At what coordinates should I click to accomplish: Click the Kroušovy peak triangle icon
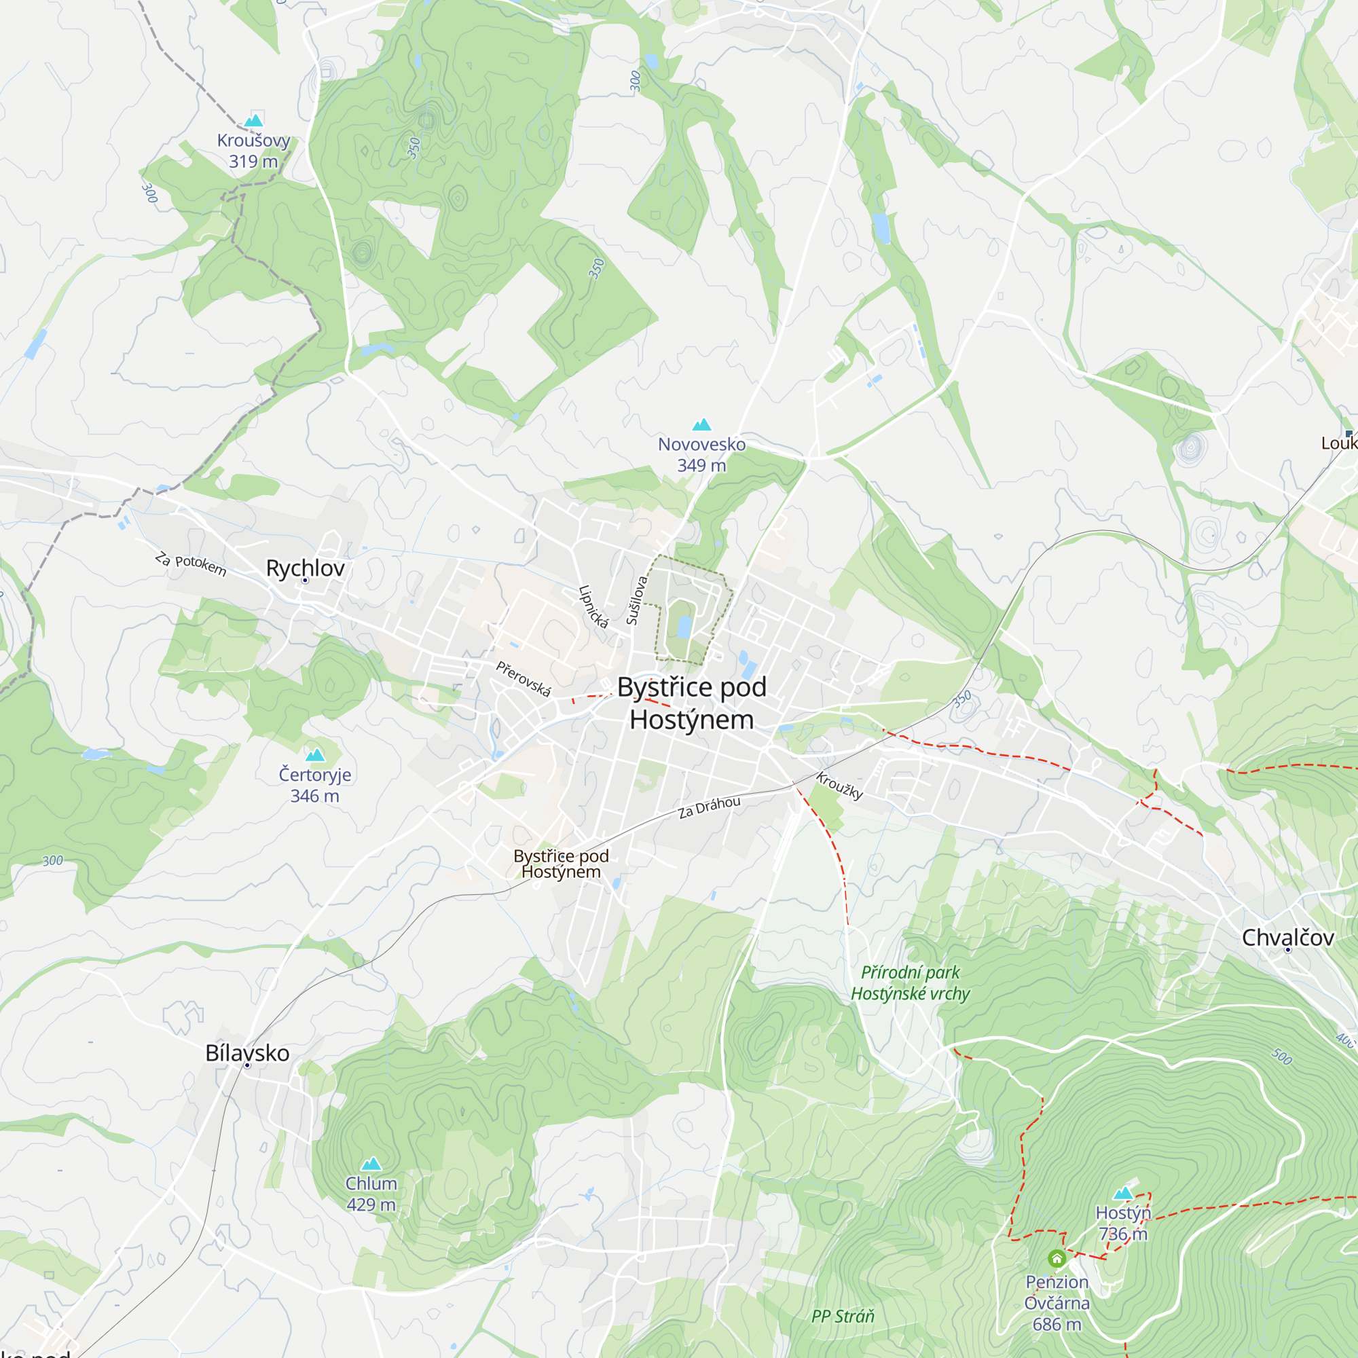[x=253, y=120]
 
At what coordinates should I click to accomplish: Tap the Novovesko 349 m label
[x=701, y=455]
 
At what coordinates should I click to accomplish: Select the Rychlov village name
[x=305, y=568]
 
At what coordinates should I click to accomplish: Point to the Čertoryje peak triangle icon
[x=315, y=755]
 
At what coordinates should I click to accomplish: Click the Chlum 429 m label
[x=371, y=1194]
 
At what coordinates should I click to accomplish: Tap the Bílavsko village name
[x=247, y=1053]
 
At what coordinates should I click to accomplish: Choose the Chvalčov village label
[x=1287, y=938]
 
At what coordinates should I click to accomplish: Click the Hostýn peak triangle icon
[x=1123, y=1193]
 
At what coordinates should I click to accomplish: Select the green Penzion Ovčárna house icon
[x=1057, y=1258]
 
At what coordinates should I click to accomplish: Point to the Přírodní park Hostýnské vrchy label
[x=911, y=983]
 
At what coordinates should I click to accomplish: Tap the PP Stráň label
[x=843, y=1316]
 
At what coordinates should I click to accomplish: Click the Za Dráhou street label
[x=710, y=807]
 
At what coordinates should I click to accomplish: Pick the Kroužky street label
[x=839, y=786]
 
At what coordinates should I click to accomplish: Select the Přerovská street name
[x=524, y=678]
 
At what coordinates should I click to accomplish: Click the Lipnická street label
[x=593, y=606]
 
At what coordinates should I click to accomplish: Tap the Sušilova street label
[x=636, y=600]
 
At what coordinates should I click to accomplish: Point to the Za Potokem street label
[x=191, y=564]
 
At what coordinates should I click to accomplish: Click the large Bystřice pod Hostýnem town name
[x=692, y=703]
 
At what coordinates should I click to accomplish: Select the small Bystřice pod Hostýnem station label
[x=561, y=864]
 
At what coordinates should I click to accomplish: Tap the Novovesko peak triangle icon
[x=701, y=424]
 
